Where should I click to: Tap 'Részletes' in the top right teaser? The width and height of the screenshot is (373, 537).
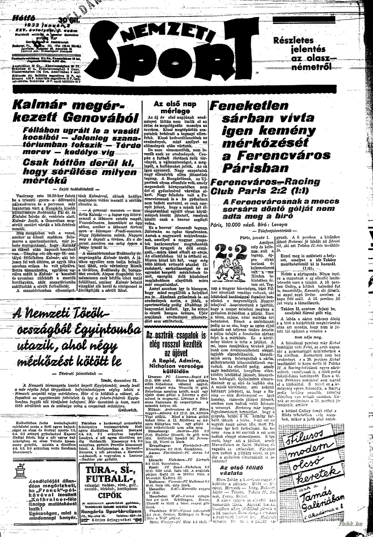point(293,41)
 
